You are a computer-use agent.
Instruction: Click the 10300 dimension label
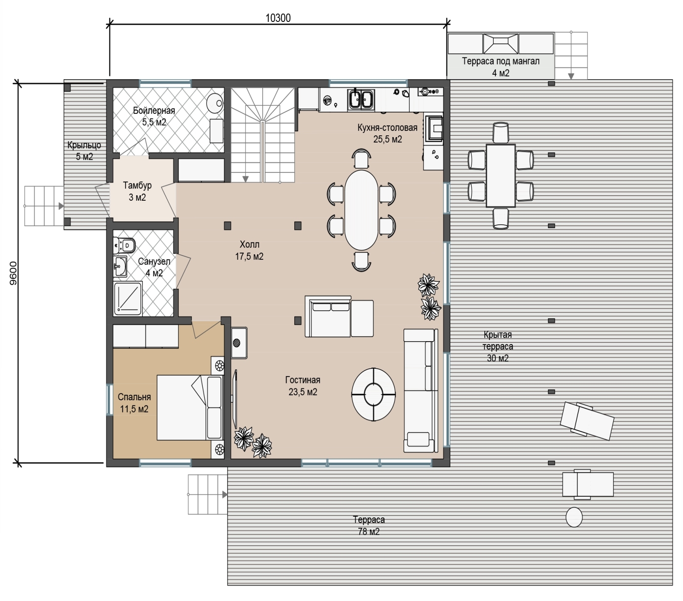(x=278, y=18)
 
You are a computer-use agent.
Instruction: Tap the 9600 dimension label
(x=13, y=273)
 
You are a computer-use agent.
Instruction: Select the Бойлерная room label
(x=154, y=110)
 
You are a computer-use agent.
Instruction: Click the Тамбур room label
(x=137, y=185)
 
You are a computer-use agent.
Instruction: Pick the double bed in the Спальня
(x=190, y=408)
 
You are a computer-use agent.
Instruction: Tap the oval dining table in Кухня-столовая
(x=361, y=210)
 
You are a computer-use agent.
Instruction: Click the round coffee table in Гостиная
(x=374, y=394)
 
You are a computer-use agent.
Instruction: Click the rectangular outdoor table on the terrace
(x=500, y=175)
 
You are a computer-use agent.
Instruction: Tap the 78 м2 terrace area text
(x=368, y=532)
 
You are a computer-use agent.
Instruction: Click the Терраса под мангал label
(x=500, y=61)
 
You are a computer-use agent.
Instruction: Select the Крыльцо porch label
(x=84, y=146)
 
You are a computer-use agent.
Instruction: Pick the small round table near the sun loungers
(x=574, y=517)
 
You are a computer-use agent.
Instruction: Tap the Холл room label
(x=249, y=245)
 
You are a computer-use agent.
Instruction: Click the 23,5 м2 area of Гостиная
(x=303, y=392)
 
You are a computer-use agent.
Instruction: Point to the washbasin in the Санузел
(x=120, y=266)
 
